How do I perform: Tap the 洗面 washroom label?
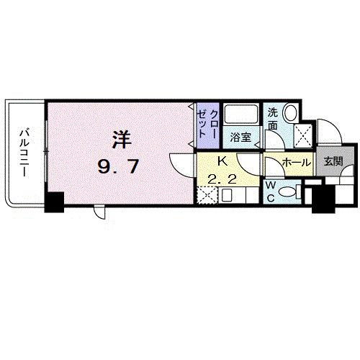coord(274,118)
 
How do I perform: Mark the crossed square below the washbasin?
coord(302,134)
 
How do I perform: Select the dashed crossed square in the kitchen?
coord(207,195)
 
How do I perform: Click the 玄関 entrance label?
coord(333,161)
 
